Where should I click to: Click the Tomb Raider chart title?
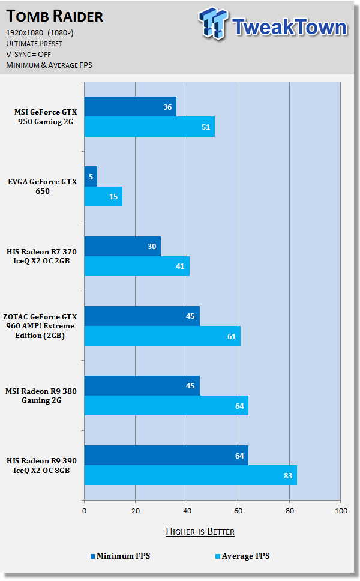pos(55,16)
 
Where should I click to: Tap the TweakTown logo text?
pos(289,26)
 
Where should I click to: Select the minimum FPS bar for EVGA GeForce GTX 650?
pos(91,176)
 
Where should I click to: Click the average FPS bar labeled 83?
pos(190,475)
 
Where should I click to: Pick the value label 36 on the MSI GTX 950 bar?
pos(167,107)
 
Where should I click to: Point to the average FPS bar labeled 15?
pos(103,197)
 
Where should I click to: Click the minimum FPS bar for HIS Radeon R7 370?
pos(122,247)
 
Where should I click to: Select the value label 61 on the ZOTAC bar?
pos(232,336)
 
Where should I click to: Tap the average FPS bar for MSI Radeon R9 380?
pos(166,405)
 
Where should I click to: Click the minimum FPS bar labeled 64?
pos(166,455)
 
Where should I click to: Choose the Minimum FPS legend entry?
pos(121,556)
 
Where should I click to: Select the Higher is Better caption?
pos(200,532)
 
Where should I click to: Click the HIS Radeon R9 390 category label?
pos(42,465)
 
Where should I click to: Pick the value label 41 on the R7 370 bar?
pos(180,266)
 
